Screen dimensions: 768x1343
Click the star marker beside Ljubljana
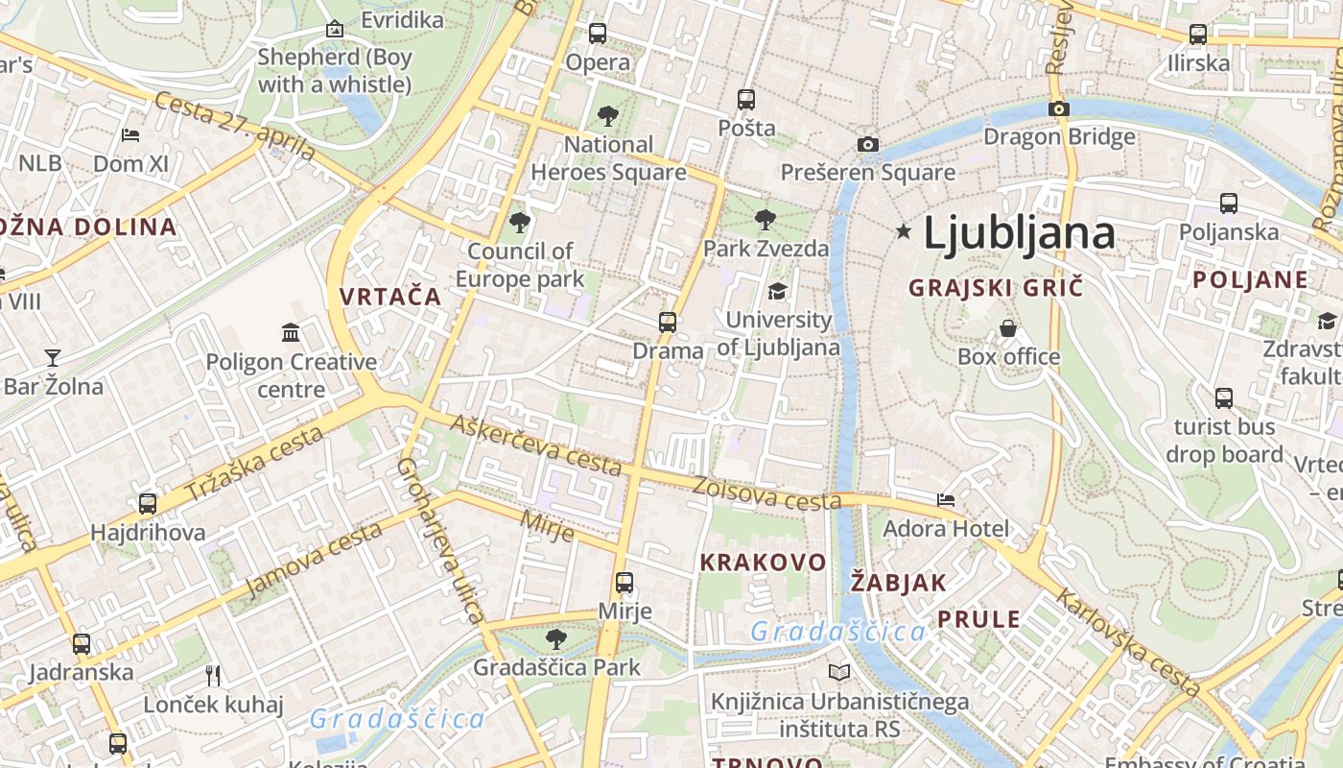[x=903, y=231]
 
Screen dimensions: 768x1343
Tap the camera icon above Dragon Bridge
[x=1059, y=108]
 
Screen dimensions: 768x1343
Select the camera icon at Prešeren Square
[x=868, y=144]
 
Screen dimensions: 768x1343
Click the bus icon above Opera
[x=598, y=33]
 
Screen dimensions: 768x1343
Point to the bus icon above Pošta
[x=746, y=99]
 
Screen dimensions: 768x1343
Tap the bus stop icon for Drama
[x=668, y=322]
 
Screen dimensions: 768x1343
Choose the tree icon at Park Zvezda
[x=765, y=220]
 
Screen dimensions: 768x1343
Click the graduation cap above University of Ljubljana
[x=777, y=291]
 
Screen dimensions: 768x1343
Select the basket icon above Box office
[x=1008, y=328]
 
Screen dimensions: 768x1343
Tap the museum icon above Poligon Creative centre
[x=291, y=333]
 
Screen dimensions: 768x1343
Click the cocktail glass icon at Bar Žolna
[x=53, y=358]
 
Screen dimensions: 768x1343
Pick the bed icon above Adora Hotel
[x=946, y=499]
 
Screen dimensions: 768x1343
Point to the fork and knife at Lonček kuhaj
[x=213, y=676]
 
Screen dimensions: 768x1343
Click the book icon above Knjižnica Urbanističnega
[x=839, y=673]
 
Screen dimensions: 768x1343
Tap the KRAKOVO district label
[x=763, y=563]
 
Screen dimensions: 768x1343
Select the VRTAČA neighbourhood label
[x=390, y=297]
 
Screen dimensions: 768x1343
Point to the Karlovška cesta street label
[x=1128, y=643]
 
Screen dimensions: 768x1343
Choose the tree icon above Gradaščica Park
[x=555, y=638]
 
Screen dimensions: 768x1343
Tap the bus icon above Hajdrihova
[x=148, y=504]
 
